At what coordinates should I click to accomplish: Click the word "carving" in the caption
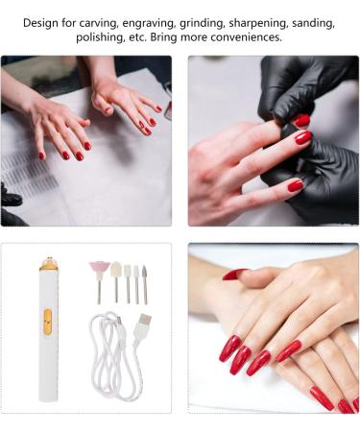click(105, 22)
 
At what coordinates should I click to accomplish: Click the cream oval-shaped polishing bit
click(115, 270)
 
